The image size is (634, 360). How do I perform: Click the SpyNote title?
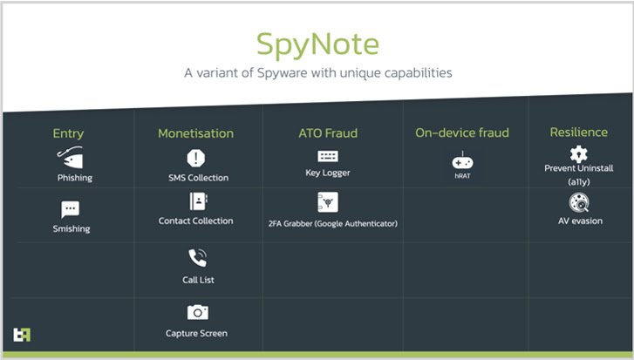pos(317,45)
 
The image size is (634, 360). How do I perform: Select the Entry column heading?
pos(68,133)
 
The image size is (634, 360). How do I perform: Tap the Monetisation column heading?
pos(195,133)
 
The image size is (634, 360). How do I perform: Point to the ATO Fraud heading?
pos(328,132)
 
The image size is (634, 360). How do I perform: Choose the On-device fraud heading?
pos(462,132)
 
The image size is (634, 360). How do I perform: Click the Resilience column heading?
pos(578,132)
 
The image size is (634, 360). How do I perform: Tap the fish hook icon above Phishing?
pos(71,158)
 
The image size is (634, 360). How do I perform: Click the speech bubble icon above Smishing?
pos(71,209)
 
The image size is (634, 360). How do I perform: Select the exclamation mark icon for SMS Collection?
pos(196,158)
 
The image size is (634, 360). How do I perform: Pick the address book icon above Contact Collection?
pos(198,201)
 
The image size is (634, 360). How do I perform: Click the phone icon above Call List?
pos(198,258)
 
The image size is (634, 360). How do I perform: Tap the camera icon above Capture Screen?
pos(197,312)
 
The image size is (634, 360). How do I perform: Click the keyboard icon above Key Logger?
pos(328,156)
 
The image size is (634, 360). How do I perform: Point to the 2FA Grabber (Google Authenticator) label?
pos(333,223)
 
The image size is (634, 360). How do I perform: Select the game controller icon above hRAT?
pos(462,161)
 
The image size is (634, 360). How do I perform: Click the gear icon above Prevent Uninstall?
pos(578,154)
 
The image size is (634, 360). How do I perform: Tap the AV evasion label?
pos(580,221)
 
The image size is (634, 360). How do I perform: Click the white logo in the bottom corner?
pos(22,335)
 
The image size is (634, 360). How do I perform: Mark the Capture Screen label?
pos(196,333)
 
